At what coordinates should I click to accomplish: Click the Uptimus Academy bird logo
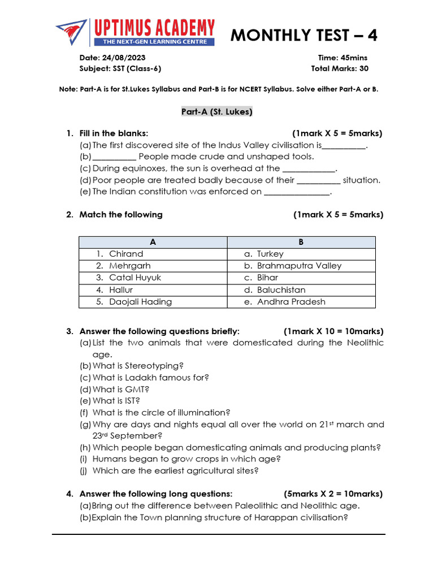coord(72,33)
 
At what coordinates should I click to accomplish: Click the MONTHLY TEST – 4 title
coord(304,35)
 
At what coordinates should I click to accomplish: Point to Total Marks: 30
coord(340,68)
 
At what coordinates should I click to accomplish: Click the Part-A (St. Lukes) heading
coord(217,112)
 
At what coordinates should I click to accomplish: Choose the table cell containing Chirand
coord(153,254)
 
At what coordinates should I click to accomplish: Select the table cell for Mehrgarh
coord(153,266)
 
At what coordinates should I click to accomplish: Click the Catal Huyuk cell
coord(153,278)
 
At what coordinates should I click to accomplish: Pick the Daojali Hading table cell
coord(153,301)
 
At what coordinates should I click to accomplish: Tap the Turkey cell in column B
coord(301,254)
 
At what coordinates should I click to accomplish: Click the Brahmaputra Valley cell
coord(301,266)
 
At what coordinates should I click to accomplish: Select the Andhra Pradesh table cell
coord(301,301)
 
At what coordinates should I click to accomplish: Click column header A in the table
coord(153,242)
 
